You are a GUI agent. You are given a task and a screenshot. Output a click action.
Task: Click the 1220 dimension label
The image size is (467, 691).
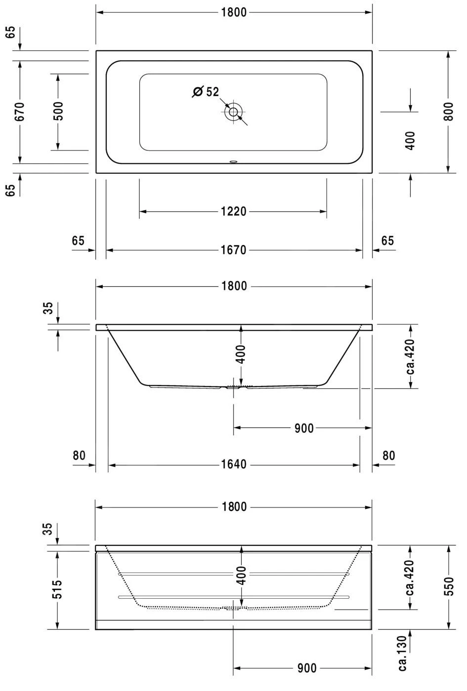[233, 212]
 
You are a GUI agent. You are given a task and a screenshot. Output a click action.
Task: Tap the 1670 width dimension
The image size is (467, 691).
[233, 250]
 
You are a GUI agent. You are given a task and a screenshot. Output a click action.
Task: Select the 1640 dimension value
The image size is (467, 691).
[234, 464]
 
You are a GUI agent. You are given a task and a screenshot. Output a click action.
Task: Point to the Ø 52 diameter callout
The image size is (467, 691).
[206, 92]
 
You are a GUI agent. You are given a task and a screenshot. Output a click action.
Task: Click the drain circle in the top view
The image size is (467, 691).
[233, 112]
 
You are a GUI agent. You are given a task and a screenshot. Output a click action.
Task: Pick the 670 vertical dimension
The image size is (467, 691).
[19, 112]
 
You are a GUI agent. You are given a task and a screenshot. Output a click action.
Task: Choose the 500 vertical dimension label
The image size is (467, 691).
[58, 111]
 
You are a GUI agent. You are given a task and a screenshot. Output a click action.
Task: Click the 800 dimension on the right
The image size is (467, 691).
[449, 112]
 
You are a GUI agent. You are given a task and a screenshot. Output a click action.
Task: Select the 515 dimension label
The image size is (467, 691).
[57, 589]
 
